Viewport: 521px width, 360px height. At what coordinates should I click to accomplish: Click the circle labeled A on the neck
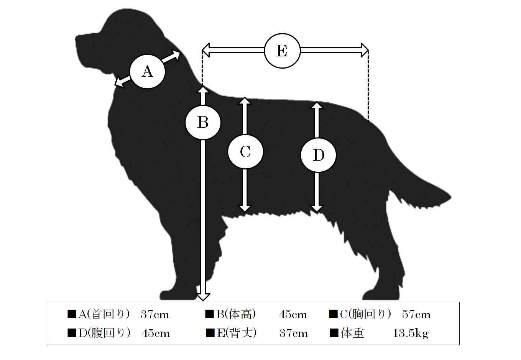point(147,71)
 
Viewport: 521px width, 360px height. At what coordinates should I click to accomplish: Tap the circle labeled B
point(203,122)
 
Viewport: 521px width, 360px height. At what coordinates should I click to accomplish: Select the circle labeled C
point(245,151)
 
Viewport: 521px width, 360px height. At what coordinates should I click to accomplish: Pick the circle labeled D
point(318,155)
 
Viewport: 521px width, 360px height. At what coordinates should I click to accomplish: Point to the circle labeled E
point(282,51)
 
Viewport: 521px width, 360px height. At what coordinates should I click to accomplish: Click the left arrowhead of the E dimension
point(205,50)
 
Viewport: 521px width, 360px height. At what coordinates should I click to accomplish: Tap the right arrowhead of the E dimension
point(365,50)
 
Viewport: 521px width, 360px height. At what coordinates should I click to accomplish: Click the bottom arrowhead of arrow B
point(203,297)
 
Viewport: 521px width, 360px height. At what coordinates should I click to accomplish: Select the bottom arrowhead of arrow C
point(245,209)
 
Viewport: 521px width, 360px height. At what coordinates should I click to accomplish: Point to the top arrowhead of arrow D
point(317,105)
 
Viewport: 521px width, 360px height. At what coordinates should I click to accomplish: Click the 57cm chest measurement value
point(416,314)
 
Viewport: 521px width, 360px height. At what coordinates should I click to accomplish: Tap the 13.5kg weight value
point(411,333)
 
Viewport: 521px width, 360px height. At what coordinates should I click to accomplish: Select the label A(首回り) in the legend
point(104,314)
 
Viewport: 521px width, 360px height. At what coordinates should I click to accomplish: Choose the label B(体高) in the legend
point(236,314)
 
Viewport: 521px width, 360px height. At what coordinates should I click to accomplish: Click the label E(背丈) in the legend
point(237,333)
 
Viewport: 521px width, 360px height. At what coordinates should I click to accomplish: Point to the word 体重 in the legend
point(352,333)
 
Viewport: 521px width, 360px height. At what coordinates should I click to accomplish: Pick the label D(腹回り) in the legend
point(104,333)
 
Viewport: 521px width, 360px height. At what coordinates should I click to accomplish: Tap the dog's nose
point(77,39)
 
